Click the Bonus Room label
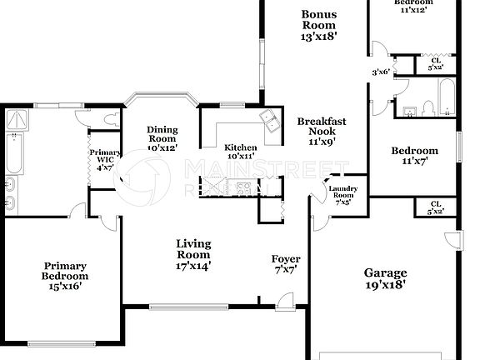point(321,25)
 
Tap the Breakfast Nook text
point(322,132)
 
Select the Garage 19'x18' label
point(386,278)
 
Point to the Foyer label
point(286,264)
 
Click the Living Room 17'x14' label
point(193,255)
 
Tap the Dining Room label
point(162,138)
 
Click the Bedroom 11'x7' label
point(415,156)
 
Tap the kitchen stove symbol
point(243,188)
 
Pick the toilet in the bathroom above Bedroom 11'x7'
point(427,107)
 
